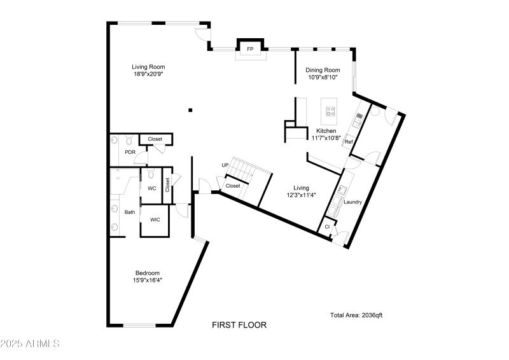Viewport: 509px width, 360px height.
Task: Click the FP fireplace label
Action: click(x=250, y=49)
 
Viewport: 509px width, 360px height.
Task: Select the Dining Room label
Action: click(x=323, y=70)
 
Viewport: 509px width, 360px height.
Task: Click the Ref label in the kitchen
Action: click(x=349, y=142)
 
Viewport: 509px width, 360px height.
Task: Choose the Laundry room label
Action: click(x=352, y=202)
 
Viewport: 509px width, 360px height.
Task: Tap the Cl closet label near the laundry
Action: click(x=327, y=227)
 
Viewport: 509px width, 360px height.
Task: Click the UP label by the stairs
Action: click(x=225, y=165)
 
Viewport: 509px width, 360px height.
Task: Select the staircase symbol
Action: click(x=242, y=169)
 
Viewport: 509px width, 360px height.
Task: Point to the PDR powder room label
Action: click(x=130, y=153)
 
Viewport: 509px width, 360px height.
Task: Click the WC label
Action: click(x=152, y=189)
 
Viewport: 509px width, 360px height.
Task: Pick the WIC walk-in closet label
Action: click(x=155, y=220)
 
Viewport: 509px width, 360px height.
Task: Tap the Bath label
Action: click(x=130, y=212)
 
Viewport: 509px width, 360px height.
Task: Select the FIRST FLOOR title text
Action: click(x=239, y=325)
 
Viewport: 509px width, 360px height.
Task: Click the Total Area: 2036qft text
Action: click(x=356, y=315)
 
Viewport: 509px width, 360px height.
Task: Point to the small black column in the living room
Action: click(x=190, y=110)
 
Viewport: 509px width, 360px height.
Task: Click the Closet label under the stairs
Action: click(x=233, y=186)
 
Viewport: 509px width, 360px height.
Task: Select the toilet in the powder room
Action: click(x=129, y=140)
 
